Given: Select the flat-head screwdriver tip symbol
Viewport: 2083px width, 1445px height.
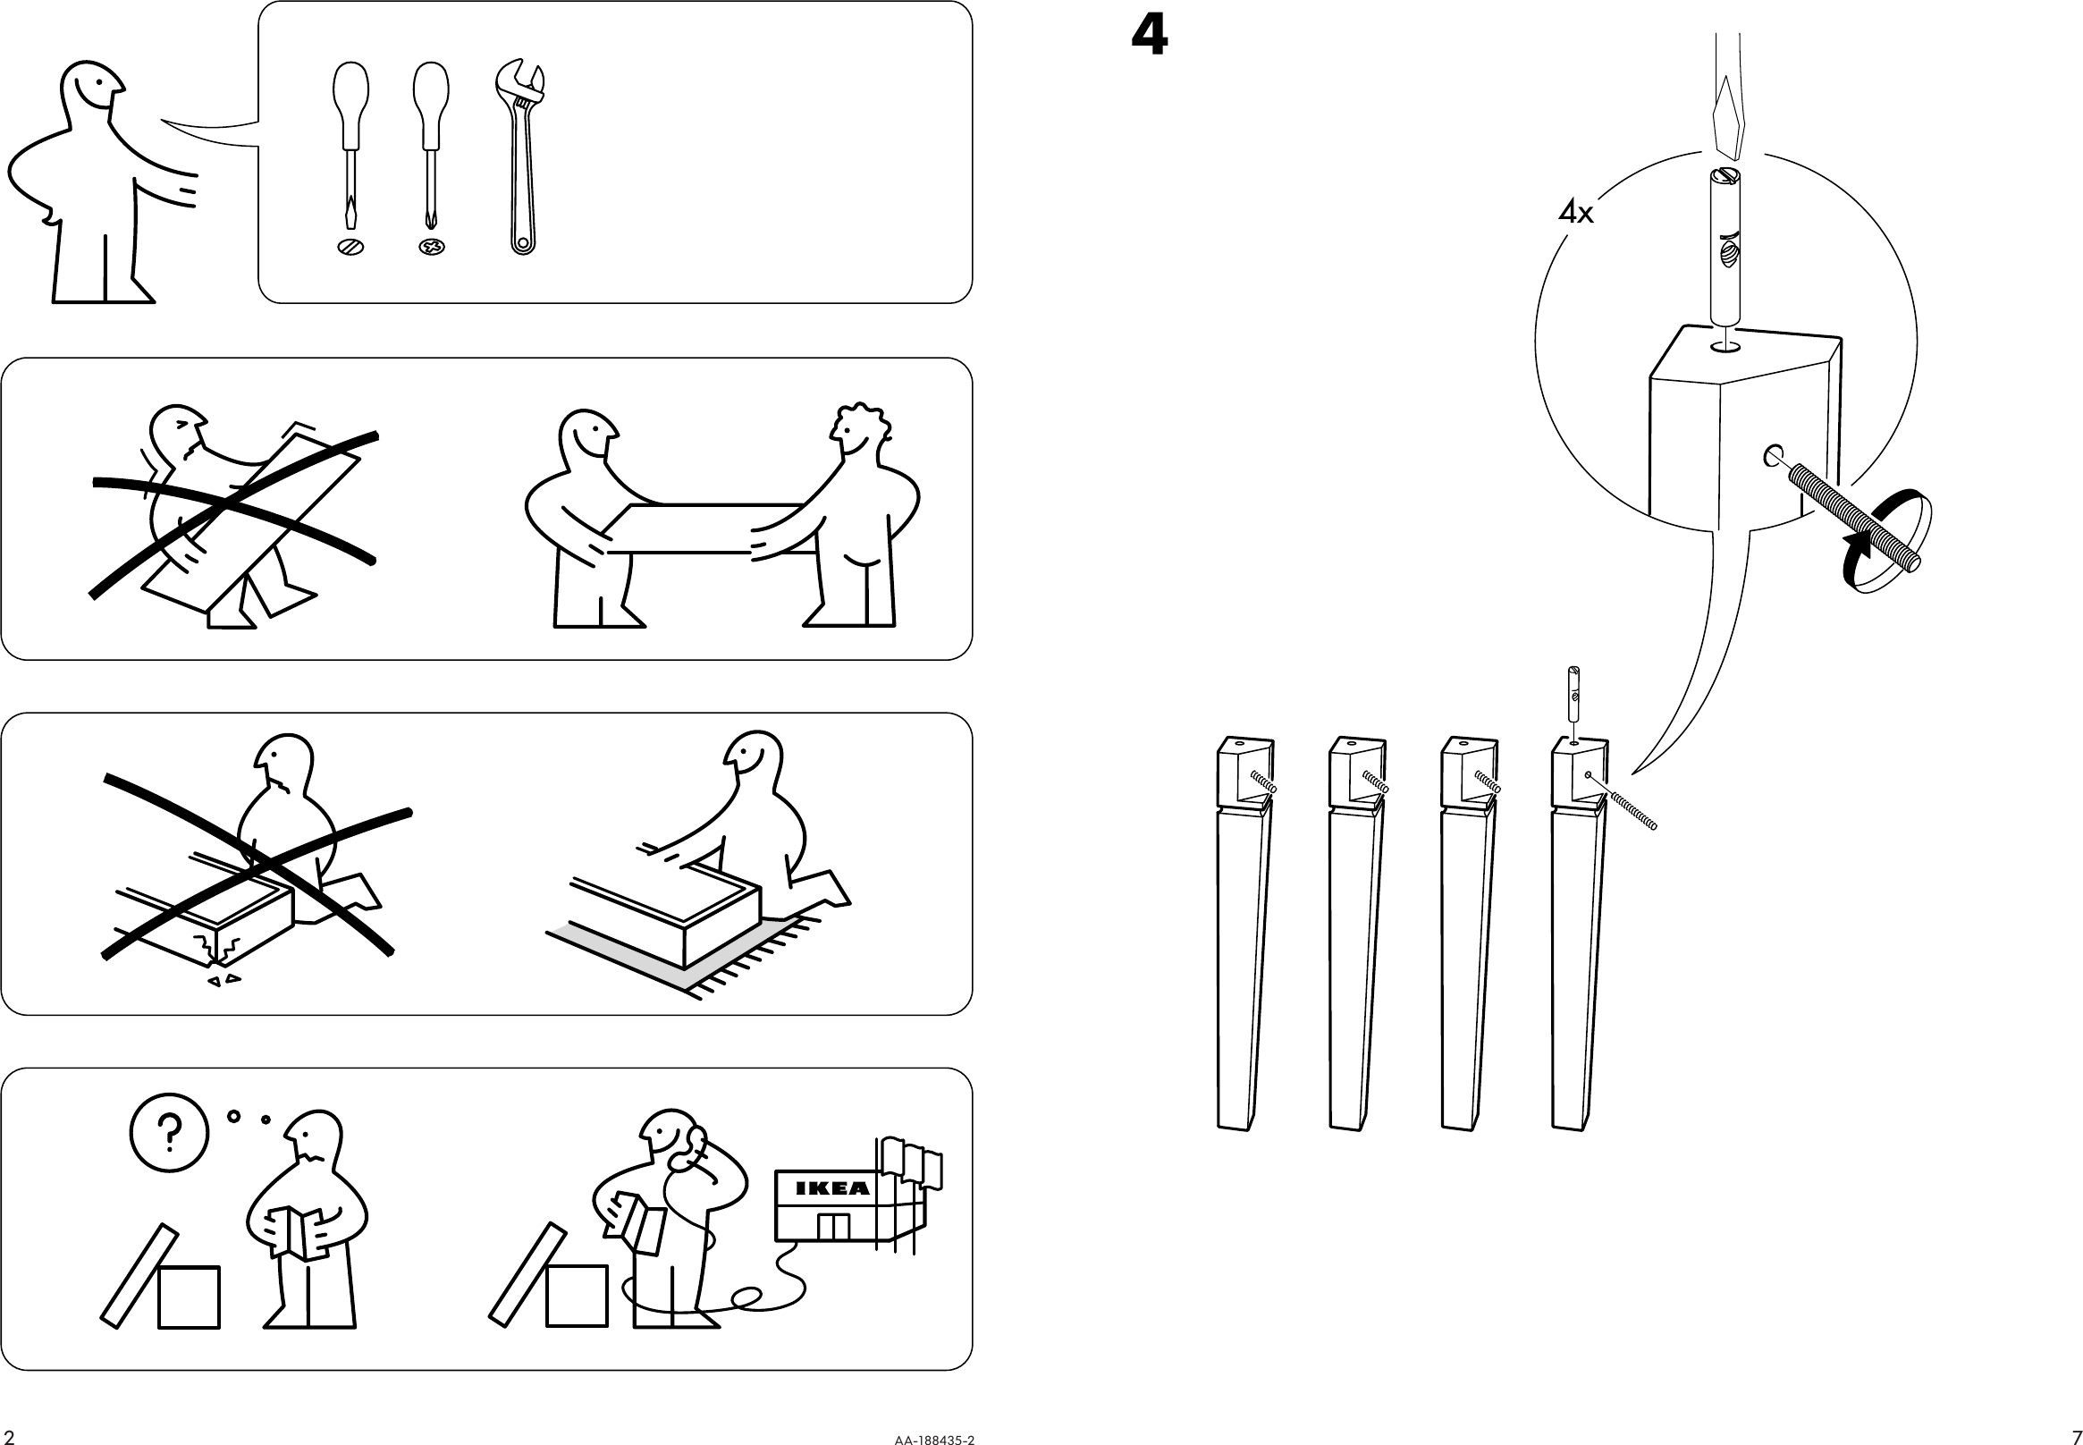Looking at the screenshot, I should click(350, 246).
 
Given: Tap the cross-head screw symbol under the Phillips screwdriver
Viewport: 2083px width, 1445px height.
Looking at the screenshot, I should click(433, 246).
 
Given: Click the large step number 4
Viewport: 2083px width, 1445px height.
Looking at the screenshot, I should click(1149, 38).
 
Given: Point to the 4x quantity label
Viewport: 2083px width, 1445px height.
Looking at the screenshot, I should click(1575, 213).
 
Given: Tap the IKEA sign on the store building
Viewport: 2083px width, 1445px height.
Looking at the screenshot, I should click(833, 1187).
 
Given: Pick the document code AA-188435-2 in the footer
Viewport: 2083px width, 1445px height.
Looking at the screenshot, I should click(934, 1439).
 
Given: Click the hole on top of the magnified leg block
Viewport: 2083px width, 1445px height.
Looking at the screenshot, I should click(1726, 346).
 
